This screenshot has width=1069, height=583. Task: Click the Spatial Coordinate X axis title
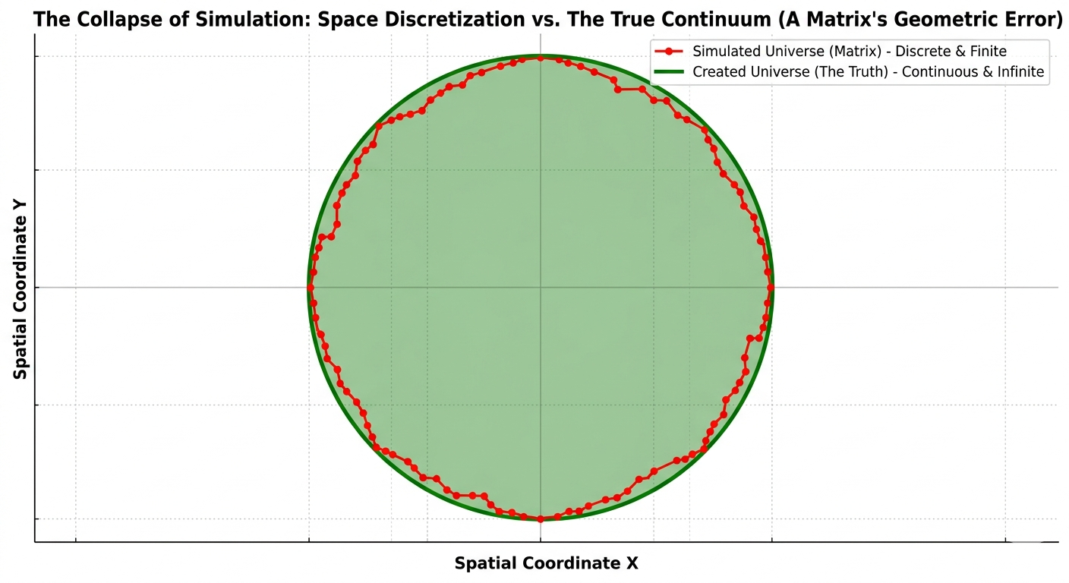[546, 563]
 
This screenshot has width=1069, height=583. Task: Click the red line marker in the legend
[669, 52]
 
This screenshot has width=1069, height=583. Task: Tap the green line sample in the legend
[669, 73]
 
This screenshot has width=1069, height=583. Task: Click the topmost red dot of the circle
[540, 57]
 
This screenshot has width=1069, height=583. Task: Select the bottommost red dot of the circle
[540, 518]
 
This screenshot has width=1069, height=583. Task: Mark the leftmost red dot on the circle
[310, 287]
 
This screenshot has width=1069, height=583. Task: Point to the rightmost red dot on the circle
[771, 288]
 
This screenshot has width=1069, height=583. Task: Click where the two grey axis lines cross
[540, 288]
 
